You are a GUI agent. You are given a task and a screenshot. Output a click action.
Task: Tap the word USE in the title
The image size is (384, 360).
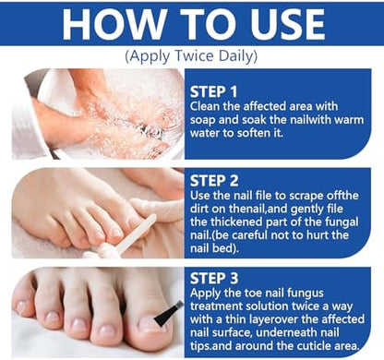(x=288, y=24)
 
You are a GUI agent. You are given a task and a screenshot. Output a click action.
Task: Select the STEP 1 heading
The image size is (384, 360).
(x=213, y=91)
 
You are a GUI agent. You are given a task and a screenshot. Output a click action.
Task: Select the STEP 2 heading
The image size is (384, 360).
(x=214, y=181)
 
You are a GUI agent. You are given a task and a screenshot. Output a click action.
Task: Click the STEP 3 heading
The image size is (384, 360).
(x=214, y=278)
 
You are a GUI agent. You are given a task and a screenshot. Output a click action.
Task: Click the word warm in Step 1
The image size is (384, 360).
(x=349, y=120)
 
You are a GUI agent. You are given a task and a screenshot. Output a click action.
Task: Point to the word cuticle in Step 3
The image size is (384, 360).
(x=314, y=346)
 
